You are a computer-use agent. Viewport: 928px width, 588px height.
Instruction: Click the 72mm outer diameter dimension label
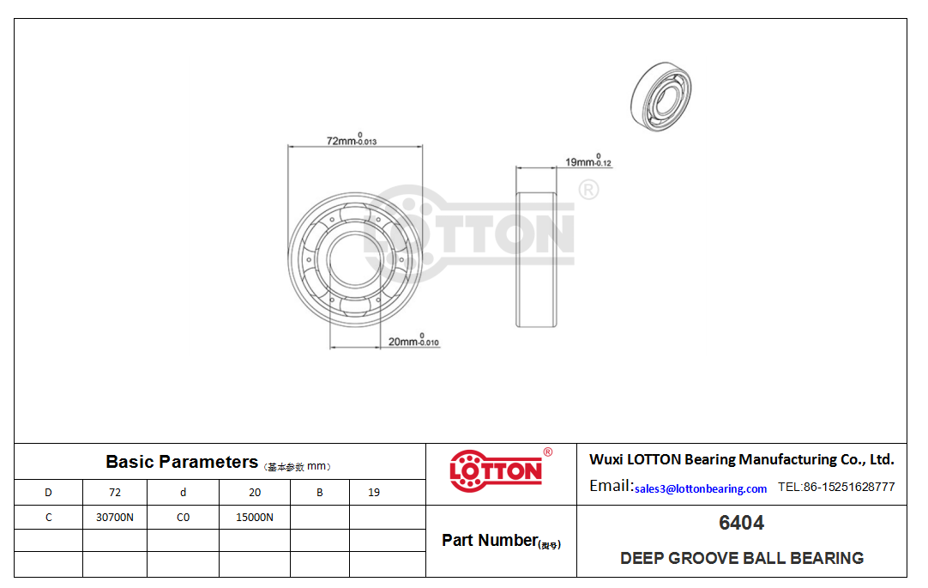352,140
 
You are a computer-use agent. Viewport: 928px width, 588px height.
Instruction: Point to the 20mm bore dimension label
413,341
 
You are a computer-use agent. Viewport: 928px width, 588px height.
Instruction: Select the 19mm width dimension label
588,161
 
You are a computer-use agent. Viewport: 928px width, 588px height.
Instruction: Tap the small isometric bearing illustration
661,96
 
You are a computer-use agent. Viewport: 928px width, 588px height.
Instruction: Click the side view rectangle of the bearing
535,259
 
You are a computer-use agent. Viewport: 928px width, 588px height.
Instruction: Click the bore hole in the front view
355,259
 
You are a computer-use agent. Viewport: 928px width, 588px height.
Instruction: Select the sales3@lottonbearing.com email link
701,488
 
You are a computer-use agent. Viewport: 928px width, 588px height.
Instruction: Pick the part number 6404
742,523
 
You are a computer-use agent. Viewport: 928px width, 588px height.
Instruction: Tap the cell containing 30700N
115,517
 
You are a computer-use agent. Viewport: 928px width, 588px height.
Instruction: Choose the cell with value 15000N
255,517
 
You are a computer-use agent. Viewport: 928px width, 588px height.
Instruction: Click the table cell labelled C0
183,517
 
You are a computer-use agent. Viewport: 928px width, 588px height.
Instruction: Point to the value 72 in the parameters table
115,492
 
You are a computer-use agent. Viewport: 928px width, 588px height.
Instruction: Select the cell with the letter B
320,492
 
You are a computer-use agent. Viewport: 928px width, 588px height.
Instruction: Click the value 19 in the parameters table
374,492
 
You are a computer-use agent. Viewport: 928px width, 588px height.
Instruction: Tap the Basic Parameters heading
182,462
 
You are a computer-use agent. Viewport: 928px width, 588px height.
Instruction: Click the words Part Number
490,540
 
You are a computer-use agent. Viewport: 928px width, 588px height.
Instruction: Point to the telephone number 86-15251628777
849,487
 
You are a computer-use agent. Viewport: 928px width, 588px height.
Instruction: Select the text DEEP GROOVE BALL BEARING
742,558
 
